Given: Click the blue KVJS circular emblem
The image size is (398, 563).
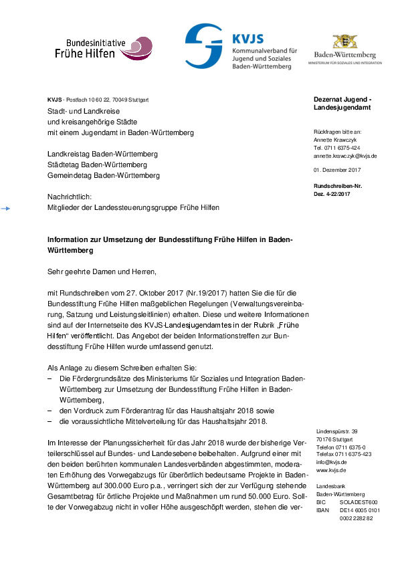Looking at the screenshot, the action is coord(204,44).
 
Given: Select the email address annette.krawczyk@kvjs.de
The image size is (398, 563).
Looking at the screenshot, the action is coord(345,155).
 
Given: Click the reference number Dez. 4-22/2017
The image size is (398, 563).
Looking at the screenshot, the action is coord(332,193).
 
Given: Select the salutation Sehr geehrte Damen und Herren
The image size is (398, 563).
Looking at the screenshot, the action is coord(101,272).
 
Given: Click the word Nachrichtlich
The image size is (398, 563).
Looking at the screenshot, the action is coord(69,197).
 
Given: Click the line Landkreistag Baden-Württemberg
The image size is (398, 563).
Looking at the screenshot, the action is coord(102,154).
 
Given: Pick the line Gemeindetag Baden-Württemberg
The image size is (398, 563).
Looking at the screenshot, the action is coord(104,175).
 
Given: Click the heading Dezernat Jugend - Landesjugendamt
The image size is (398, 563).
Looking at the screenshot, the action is coord(342,103).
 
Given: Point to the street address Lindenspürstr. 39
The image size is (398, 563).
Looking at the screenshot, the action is coord(336,432).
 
